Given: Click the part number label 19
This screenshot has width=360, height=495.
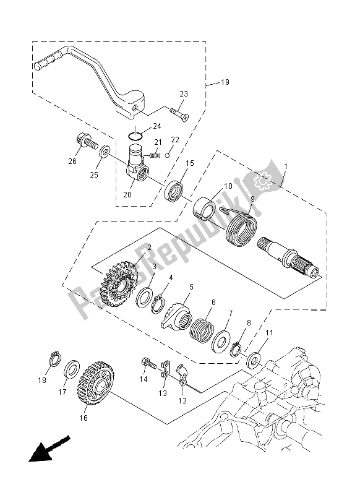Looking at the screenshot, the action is point(225,82).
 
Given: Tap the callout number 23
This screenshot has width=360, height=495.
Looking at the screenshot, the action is point(184,94).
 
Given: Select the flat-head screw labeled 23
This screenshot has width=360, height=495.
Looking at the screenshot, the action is point(180,114).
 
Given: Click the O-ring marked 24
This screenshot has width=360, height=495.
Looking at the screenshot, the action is point(135,136).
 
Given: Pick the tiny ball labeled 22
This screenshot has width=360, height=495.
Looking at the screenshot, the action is point(168,155).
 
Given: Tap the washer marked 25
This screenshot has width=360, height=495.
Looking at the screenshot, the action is point(105,152).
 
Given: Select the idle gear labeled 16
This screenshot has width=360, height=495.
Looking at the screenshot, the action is point(96,383).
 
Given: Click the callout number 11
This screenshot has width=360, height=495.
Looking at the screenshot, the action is point(270,333).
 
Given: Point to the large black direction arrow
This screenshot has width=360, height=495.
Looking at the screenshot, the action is point(49,448).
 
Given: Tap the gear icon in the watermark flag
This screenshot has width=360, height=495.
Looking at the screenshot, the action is point(262,181).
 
